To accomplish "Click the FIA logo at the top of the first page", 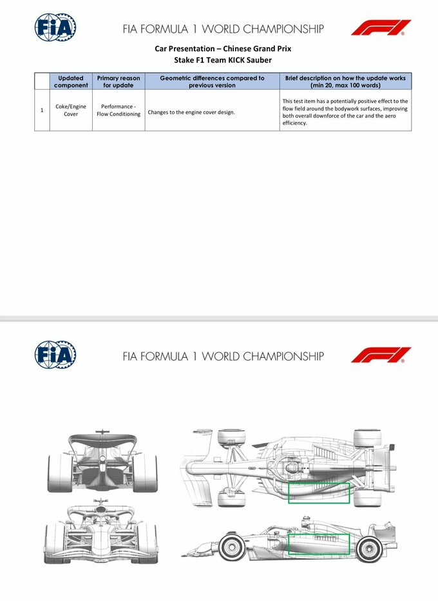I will [x=55, y=28].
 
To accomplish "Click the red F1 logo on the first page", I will [x=381, y=28].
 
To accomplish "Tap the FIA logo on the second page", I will [x=55, y=355].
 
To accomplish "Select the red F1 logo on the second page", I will [x=381, y=355].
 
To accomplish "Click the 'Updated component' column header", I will [x=71, y=81].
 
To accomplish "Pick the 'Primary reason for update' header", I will [x=118, y=81].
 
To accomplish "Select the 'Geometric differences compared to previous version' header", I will [x=212, y=81].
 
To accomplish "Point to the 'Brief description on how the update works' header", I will [x=345, y=81].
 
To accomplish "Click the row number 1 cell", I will [x=42, y=110].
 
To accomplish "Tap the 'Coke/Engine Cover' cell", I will [x=71, y=110].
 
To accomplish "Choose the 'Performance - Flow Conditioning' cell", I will [x=118, y=110].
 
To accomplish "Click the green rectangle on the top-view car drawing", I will [x=319, y=493].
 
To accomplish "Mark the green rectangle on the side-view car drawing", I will [x=319, y=544].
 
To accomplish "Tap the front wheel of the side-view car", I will [x=229, y=548].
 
